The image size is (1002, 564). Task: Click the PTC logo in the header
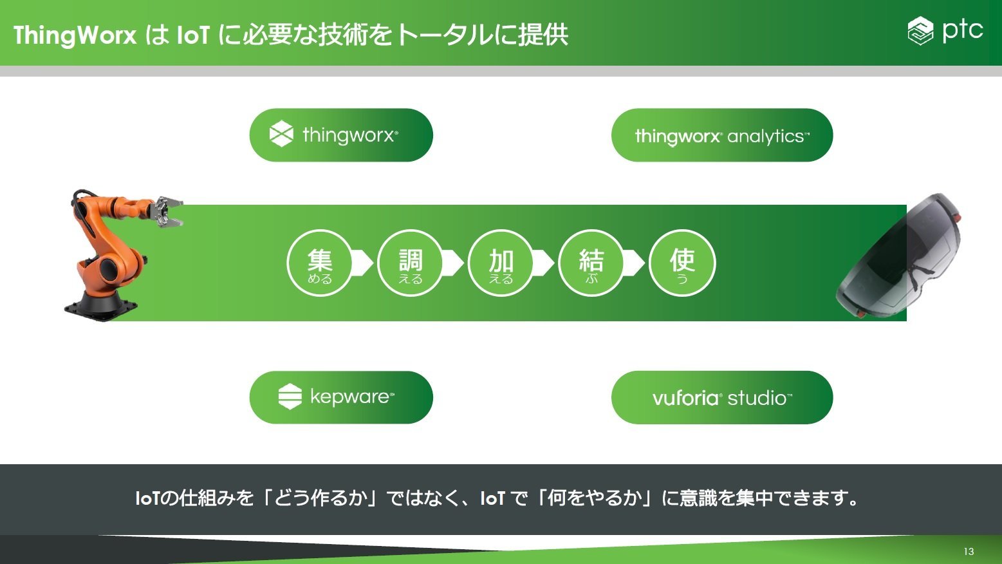(x=945, y=30)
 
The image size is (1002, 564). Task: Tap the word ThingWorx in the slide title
(x=75, y=35)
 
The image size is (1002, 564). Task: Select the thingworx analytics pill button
(x=722, y=135)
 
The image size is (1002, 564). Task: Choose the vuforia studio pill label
(x=722, y=397)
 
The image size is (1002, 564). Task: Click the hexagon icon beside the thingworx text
(x=281, y=134)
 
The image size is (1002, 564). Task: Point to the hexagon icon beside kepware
(x=290, y=396)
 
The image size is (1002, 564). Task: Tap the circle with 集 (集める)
(x=320, y=263)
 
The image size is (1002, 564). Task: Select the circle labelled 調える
(x=411, y=263)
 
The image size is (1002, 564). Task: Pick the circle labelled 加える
(x=501, y=263)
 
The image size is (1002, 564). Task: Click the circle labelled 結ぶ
(x=591, y=263)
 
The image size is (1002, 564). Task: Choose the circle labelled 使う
(x=682, y=263)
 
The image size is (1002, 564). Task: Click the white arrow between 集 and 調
(x=363, y=263)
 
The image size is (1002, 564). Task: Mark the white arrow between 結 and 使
(x=635, y=263)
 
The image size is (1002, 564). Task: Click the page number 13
(x=969, y=552)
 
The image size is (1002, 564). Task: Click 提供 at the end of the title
(x=543, y=35)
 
